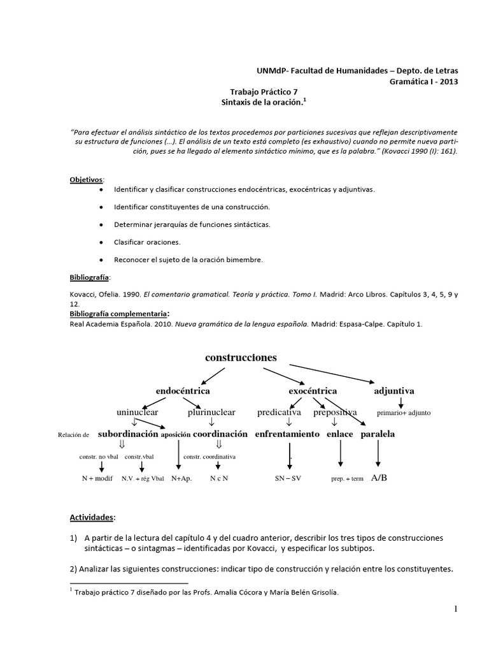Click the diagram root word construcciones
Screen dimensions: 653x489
click(241, 358)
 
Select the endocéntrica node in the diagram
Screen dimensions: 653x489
click(183, 390)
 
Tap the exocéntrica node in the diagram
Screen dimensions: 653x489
click(313, 390)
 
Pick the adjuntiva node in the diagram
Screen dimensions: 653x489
click(394, 390)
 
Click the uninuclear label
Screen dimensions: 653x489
click(138, 413)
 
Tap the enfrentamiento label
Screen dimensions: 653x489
click(287, 434)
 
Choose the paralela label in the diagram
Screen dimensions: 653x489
click(378, 434)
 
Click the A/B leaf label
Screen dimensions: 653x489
click(378, 478)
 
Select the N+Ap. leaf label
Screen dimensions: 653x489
click(181, 478)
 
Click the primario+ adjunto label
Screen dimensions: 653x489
click(404, 413)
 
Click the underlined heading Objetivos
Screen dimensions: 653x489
click(85, 180)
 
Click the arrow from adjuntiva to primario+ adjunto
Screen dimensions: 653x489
click(400, 402)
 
